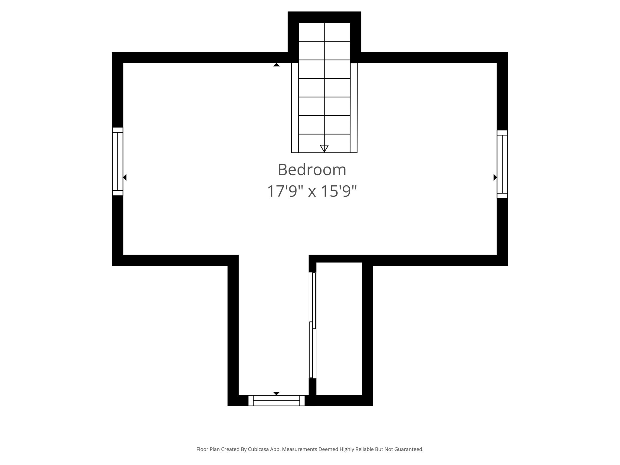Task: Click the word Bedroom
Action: [312, 170]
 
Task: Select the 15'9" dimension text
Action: [339, 191]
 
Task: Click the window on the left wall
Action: [117, 161]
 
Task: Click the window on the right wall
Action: [502, 164]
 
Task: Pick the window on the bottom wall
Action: [276, 401]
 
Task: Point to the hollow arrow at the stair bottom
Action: [324, 148]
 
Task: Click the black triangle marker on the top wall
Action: [276, 65]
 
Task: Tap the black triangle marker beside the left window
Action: [125, 177]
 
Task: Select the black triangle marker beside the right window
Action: [495, 177]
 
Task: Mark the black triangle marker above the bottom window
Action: [276, 393]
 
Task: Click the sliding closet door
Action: [312, 325]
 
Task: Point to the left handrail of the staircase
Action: [295, 107]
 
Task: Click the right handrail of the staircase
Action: [354, 107]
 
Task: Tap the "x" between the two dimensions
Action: [312, 192]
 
